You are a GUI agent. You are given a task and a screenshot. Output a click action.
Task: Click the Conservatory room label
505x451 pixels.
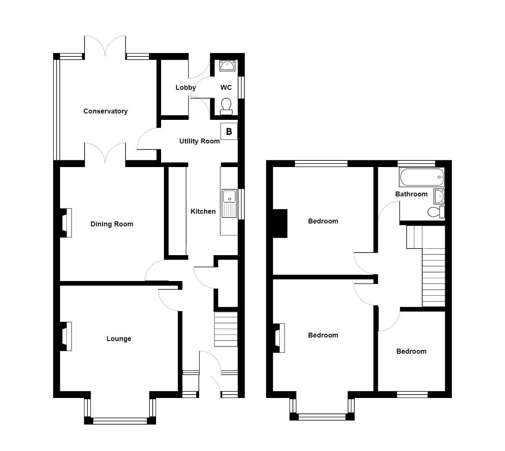105,111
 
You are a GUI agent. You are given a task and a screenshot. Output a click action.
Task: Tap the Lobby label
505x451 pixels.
185,88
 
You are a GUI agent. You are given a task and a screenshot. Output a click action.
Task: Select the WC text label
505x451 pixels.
226,88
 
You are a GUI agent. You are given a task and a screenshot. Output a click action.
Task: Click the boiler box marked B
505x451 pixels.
229,132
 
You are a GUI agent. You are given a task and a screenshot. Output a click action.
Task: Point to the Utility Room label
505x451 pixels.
200,141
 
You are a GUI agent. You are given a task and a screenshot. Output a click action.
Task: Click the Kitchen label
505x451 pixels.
203,211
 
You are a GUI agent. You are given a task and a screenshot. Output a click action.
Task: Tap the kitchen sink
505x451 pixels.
229,203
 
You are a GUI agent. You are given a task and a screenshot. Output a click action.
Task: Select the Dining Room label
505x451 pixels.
112,224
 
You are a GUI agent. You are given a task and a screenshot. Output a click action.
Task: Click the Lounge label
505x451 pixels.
119,339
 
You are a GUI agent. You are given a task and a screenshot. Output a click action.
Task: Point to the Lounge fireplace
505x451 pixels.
66,337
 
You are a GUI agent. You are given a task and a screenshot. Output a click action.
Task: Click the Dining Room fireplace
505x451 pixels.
66,223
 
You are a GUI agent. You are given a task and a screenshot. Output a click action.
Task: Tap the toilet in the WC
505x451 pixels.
226,106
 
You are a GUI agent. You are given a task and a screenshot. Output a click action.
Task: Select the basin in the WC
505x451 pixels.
227,66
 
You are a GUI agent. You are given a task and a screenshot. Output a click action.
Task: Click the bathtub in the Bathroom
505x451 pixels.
422,177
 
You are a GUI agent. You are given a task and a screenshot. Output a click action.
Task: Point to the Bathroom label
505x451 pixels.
411,194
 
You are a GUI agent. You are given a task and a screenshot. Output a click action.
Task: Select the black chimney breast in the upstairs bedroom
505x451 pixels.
280,223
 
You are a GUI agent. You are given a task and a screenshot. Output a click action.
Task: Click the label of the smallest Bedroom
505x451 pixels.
411,352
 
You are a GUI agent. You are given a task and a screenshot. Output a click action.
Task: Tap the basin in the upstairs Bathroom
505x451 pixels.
439,196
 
